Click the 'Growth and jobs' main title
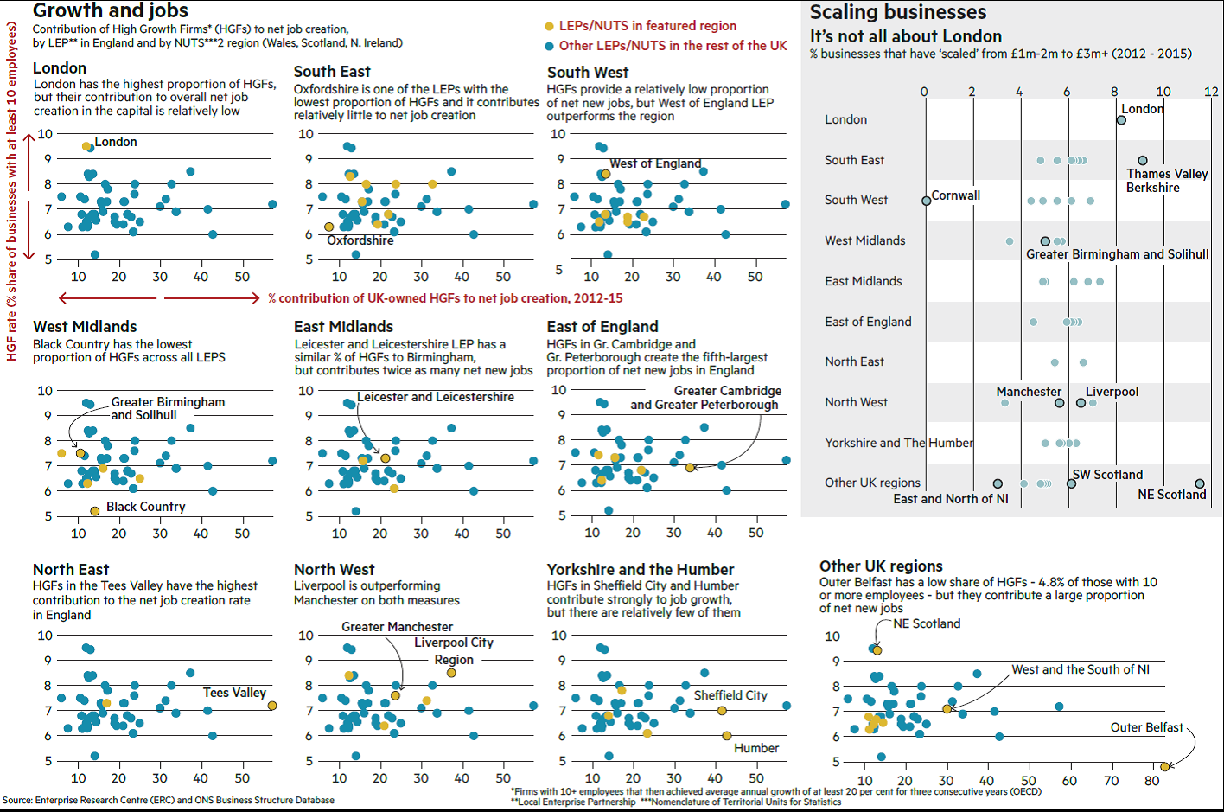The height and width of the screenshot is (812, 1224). tap(111, 11)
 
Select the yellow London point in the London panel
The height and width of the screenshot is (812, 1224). tap(86, 146)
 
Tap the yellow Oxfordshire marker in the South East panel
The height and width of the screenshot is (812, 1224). tap(329, 227)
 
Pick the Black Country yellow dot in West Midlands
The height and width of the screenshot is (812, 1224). tap(95, 511)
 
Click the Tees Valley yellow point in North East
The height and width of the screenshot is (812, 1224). tap(272, 706)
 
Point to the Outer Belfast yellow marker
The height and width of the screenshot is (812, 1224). tap(1164, 766)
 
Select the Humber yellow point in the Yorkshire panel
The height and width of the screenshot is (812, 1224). tap(727, 736)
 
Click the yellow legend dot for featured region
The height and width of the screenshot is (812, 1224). tap(549, 27)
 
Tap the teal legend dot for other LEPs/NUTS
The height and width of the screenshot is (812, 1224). tap(549, 46)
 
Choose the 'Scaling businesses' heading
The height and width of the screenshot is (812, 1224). tap(897, 12)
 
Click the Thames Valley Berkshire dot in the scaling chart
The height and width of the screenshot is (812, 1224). tap(1143, 161)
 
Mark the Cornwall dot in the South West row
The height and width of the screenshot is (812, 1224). tap(927, 201)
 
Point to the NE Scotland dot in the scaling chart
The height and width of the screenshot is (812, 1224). tap(1200, 483)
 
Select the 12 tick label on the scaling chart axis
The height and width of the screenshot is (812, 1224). tap(1211, 92)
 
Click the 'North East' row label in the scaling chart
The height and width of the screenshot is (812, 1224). tap(854, 361)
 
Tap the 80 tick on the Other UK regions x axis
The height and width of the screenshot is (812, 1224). tap(1152, 781)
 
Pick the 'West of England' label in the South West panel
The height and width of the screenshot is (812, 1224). tap(655, 163)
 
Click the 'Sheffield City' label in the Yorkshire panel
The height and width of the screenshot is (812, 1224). tap(730, 695)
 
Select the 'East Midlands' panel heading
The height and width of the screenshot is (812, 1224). tap(343, 327)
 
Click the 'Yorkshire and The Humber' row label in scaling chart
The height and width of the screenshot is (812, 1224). tap(898, 443)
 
